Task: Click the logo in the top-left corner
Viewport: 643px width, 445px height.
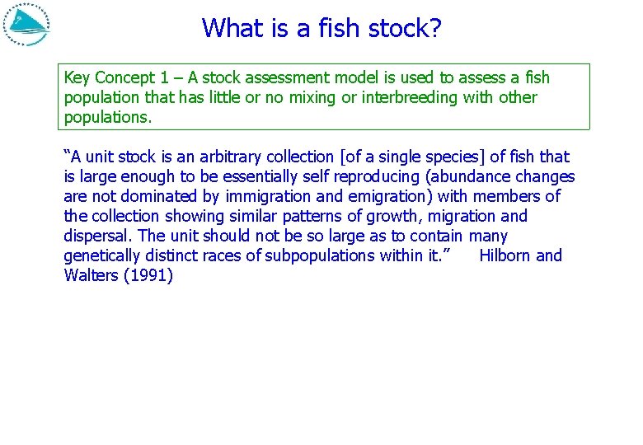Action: (x=27, y=25)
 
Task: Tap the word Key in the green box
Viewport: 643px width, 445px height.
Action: (x=77, y=78)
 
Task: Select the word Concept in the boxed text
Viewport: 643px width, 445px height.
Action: (x=124, y=78)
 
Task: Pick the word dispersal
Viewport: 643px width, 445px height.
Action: (x=97, y=237)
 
